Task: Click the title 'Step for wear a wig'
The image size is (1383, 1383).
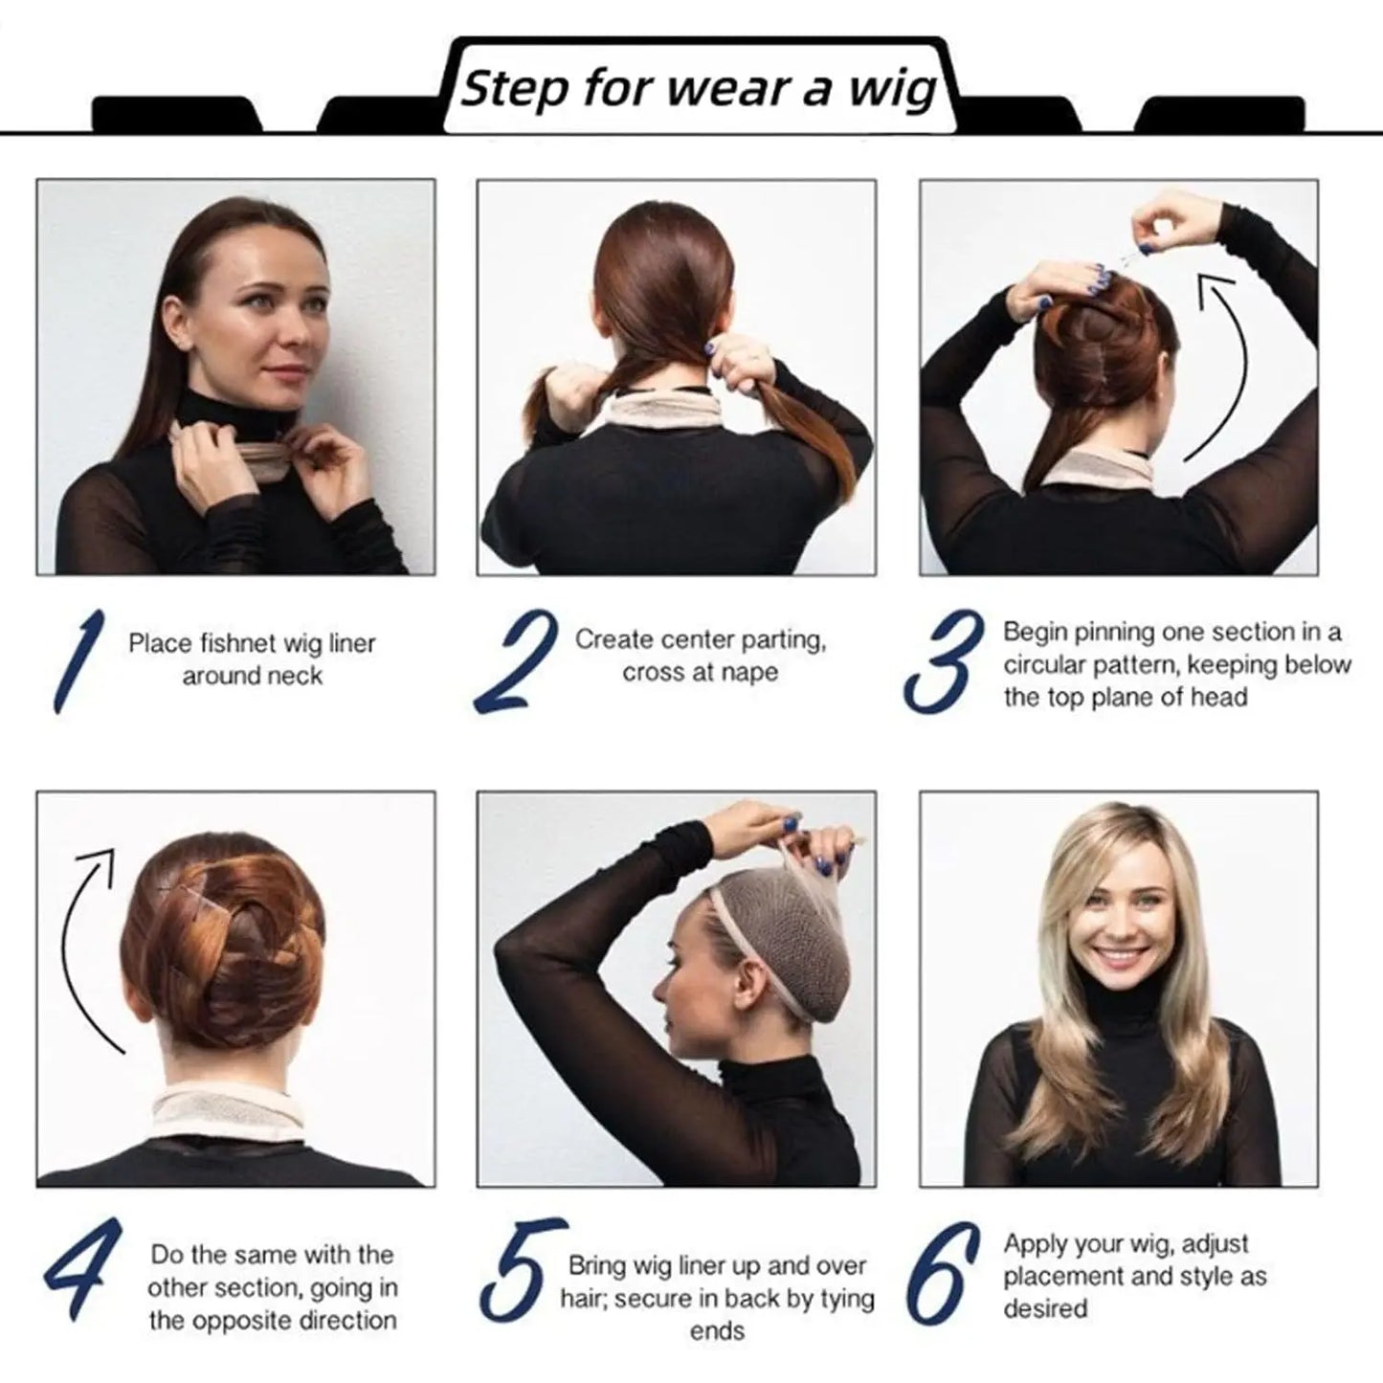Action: (698, 89)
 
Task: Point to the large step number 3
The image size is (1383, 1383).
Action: (943, 662)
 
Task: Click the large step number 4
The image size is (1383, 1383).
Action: (82, 1268)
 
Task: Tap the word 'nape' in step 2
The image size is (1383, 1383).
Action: (751, 673)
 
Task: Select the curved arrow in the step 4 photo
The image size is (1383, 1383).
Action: (86, 948)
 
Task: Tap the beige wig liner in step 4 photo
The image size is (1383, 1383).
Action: (230, 1110)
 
